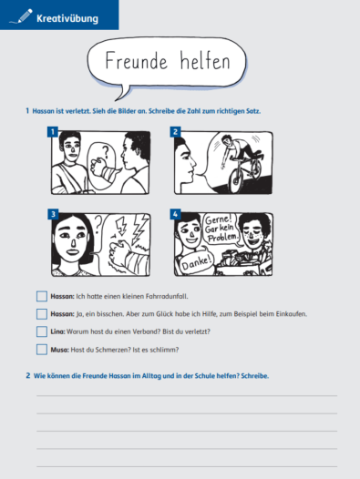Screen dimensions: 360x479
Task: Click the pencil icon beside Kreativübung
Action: (x=22, y=16)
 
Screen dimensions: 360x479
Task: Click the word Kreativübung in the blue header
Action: (x=67, y=18)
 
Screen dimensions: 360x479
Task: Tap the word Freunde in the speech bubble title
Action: (x=137, y=60)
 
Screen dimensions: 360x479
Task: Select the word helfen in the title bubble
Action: (x=205, y=60)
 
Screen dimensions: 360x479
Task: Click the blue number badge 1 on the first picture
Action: (x=53, y=132)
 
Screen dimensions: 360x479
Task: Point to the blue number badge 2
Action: (x=175, y=132)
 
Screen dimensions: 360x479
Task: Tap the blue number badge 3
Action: (x=53, y=214)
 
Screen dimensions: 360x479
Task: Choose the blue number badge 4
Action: (x=175, y=214)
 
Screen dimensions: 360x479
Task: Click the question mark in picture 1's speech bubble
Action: (x=105, y=152)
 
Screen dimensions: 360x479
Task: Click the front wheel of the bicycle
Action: (x=235, y=180)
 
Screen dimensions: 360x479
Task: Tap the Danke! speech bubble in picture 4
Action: (x=196, y=263)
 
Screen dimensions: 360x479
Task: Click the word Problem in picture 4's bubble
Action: (x=222, y=238)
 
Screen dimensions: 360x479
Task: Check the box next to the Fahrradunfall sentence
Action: (x=42, y=296)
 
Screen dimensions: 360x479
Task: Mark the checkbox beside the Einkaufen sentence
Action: (x=42, y=314)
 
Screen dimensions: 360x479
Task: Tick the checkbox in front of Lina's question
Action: (x=42, y=331)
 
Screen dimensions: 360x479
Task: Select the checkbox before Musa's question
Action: (x=42, y=350)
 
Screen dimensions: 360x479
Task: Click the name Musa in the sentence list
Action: (x=59, y=350)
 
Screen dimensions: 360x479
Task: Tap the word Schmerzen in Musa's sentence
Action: (x=108, y=350)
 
